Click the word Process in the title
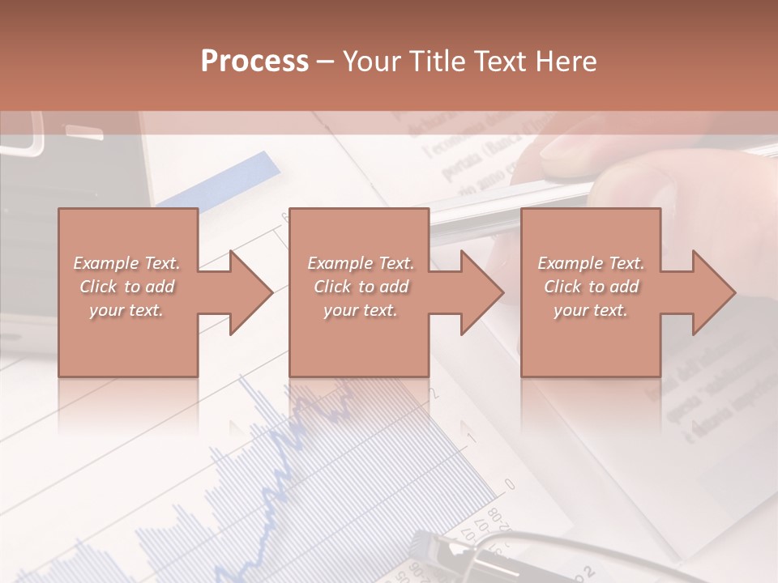click(254, 62)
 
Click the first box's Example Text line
click(126, 263)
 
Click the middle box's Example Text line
click(361, 263)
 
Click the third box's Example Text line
click(591, 263)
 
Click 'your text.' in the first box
click(126, 310)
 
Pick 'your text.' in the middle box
click(361, 310)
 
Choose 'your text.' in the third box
click(591, 310)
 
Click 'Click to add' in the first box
click(126, 287)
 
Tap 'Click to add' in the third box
click(591, 287)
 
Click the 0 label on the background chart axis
click(510, 483)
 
